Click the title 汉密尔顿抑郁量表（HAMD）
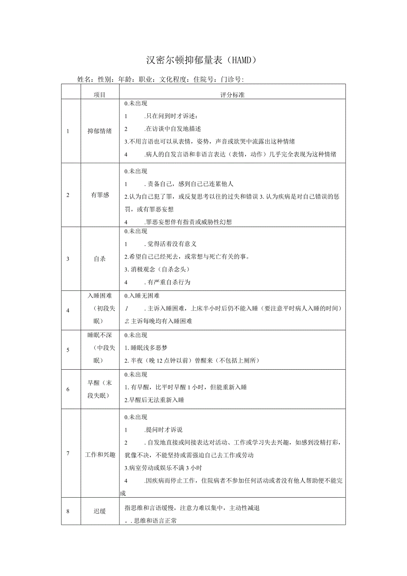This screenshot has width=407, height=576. point(201,60)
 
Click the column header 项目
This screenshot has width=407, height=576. point(100,95)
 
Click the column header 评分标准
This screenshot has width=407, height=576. point(232,95)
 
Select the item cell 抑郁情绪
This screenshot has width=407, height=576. point(100,131)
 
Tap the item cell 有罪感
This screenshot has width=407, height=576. point(100,195)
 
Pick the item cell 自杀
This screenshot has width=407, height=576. point(100,259)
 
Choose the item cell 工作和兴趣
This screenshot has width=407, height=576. point(100,454)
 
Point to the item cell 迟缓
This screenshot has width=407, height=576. point(100,511)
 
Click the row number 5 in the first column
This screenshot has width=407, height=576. point(68,350)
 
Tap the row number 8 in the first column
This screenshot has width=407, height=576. point(68,511)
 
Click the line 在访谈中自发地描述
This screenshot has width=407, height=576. point(173,129)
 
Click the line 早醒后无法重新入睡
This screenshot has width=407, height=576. point(154,400)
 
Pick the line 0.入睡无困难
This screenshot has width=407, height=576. point(142,296)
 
